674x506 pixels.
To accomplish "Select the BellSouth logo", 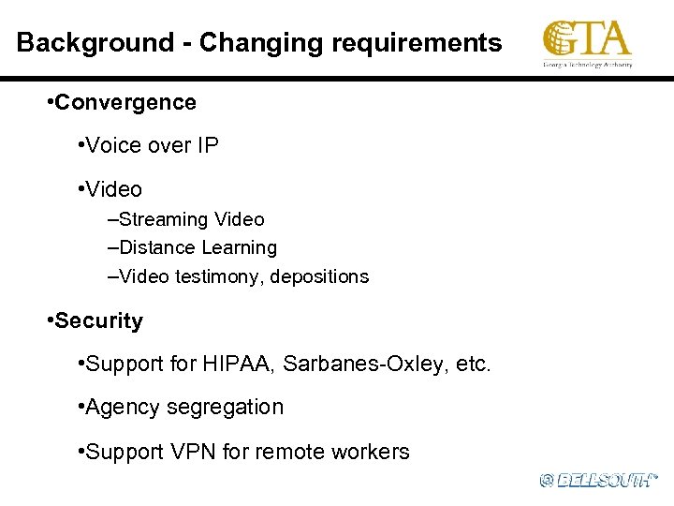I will tap(599, 480).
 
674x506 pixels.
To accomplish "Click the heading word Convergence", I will tap(125, 103).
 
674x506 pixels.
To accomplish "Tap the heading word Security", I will tap(98, 321).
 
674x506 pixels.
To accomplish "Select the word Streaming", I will tap(165, 220).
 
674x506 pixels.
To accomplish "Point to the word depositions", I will tap(320, 277).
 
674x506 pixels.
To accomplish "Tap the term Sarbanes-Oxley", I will tap(359, 364).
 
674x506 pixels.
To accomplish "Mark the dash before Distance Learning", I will tap(113, 248).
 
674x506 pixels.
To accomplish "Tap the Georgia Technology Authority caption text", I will tap(588, 65).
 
